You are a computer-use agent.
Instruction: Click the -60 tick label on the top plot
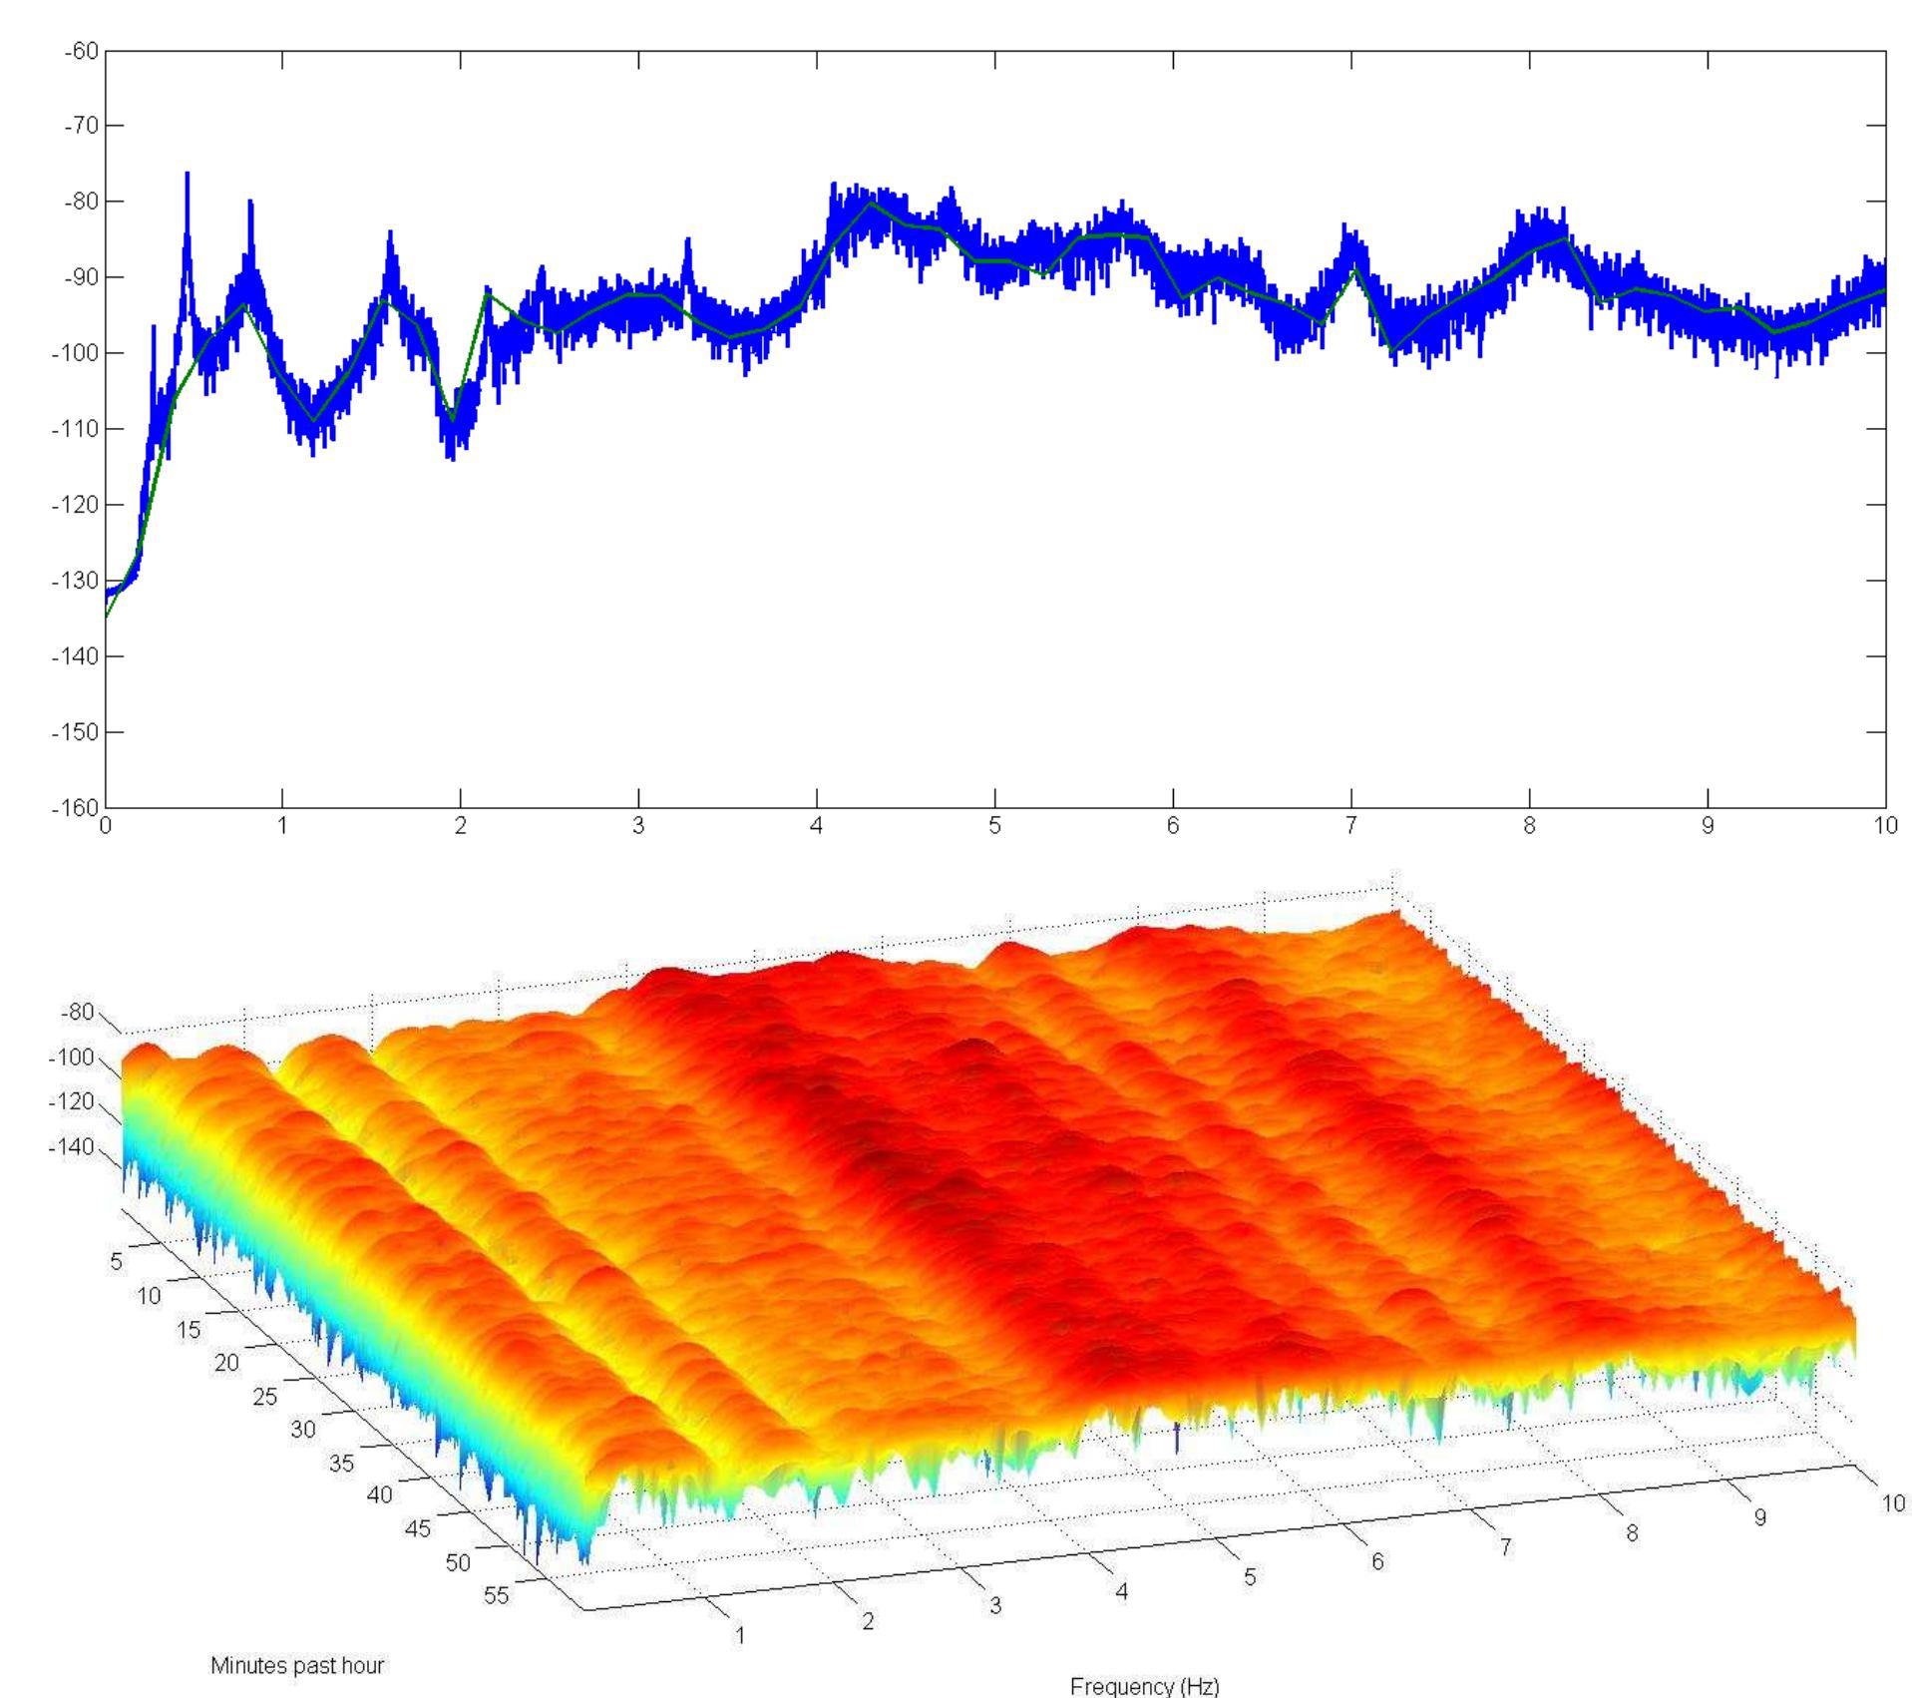coord(81,50)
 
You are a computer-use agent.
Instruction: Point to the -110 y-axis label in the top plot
coord(76,429)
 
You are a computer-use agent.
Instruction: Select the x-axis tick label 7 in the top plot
coord(1351,827)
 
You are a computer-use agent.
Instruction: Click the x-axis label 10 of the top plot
coord(1884,827)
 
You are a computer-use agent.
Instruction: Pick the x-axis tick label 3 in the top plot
coord(638,827)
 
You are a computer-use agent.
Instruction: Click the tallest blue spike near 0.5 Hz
coord(187,176)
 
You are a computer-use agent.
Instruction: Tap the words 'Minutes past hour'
coord(296,1665)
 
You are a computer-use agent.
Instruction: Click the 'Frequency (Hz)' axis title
coord(1144,1686)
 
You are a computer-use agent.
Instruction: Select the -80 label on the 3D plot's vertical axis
coord(77,1013)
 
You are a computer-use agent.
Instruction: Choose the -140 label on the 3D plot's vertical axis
coord(72,1147)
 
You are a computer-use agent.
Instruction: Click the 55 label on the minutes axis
coord(496,1595)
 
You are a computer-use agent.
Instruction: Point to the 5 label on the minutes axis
coord(116,1262)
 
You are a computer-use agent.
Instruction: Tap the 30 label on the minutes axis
coord(303,1429)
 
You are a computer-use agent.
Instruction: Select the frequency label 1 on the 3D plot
coord(740,1635)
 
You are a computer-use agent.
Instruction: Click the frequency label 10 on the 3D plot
coord(1892,1503)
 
